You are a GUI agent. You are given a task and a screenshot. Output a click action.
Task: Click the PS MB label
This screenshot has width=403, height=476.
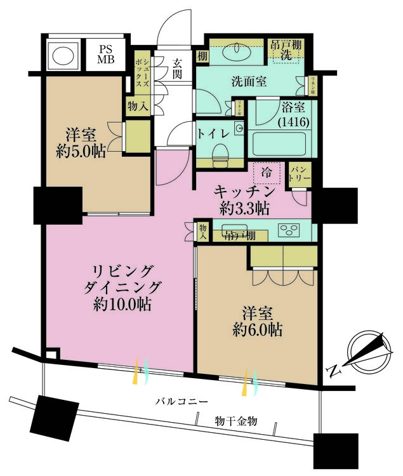(x=105, y=55)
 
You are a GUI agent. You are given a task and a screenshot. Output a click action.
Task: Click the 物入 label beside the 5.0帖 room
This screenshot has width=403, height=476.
(x=138, y=105)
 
